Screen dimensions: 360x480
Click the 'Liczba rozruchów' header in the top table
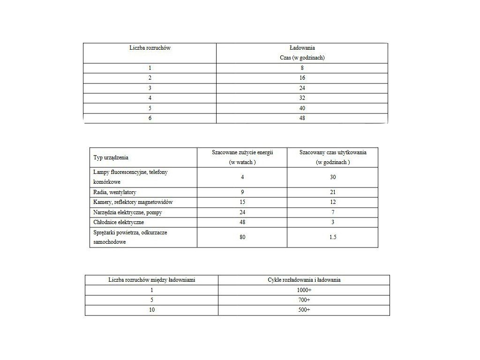(150, 48)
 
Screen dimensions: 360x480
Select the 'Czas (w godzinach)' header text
(302, 58)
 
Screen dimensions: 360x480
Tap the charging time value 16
(302, 78)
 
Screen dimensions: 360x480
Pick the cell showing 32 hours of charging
(302, 98)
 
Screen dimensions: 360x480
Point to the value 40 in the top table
(302, 108)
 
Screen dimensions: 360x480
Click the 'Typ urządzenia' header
(111, 157)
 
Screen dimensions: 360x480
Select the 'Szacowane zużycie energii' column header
(242, 153)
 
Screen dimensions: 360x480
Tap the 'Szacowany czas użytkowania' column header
(333, 153)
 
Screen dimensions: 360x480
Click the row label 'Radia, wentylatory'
(115, 192)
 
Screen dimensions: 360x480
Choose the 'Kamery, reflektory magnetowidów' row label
(133, 202)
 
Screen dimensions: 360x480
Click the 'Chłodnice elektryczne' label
(119, 222)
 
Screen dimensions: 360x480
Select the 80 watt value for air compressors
(242, 237)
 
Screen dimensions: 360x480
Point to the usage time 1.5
(333, 237)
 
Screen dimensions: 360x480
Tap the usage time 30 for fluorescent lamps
(333, 177)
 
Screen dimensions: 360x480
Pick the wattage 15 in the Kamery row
(242, 202)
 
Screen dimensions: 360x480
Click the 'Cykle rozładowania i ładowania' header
(304, 280)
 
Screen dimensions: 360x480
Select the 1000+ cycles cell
(304, 290)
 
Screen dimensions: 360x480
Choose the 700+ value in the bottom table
(304, 300)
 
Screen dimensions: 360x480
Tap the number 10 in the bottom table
(151, 310)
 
